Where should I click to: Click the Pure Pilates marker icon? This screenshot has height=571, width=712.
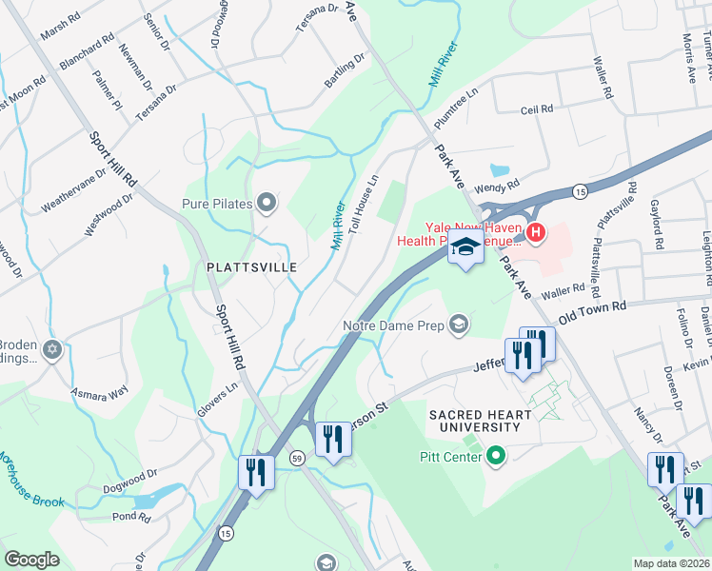267,202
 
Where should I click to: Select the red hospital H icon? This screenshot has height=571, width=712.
536,231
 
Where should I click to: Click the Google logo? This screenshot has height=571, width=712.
31,560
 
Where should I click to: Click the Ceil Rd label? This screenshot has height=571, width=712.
537,109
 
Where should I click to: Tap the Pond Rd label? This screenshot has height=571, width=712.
131,518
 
